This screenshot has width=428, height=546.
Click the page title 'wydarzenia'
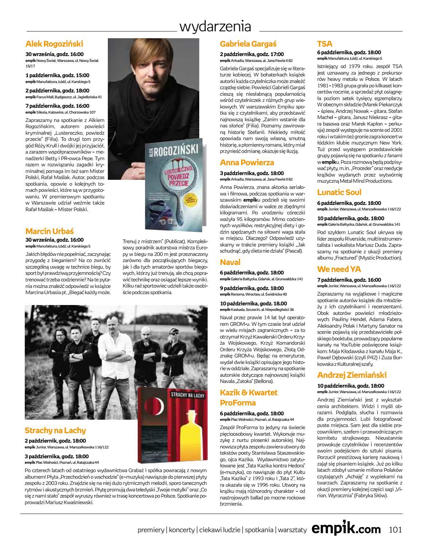pyautogui.click(x=215, y=26)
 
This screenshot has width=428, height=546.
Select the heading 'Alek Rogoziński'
pyautogui.click(x=54, y=44)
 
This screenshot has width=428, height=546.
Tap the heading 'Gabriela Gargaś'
pyautogui.click(x=248, y=44)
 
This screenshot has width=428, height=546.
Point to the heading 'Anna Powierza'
pyautogui.click(x=247, y=162)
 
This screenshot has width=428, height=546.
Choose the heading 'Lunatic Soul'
pyautogui.click(x=339, y=192)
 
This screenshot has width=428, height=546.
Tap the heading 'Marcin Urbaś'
pyautogui.click(x=50, y=231)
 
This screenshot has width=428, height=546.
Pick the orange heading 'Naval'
pyautogui.click(x=230, y=262)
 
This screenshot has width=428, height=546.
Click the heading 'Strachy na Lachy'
pyautogui.click(x=55, y=430)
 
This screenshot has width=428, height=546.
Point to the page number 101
pyautogui.click(x=395, y=529)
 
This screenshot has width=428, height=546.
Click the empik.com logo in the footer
pyautogui.click(x=346, y=529)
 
